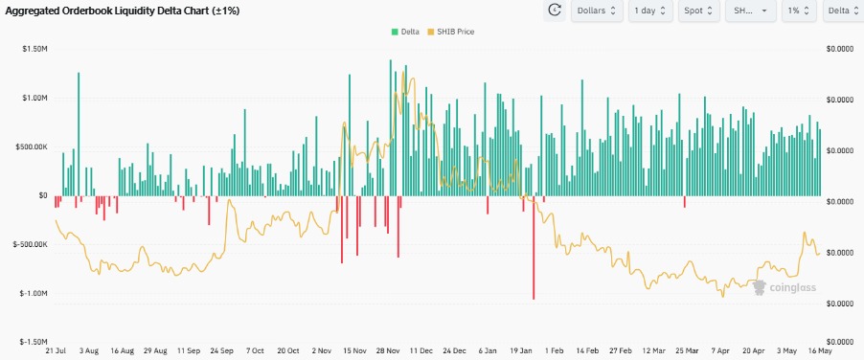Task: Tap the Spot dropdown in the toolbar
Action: pos(700,11)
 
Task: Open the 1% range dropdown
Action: pos(797,11)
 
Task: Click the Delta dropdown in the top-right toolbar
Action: pos(841,11)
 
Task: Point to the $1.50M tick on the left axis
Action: pos(35,48)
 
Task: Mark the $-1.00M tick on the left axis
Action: pos(34,293)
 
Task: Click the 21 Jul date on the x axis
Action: pos(55,351)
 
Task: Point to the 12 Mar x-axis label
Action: pos(654,351)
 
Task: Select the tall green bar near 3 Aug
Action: pos(79,134)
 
